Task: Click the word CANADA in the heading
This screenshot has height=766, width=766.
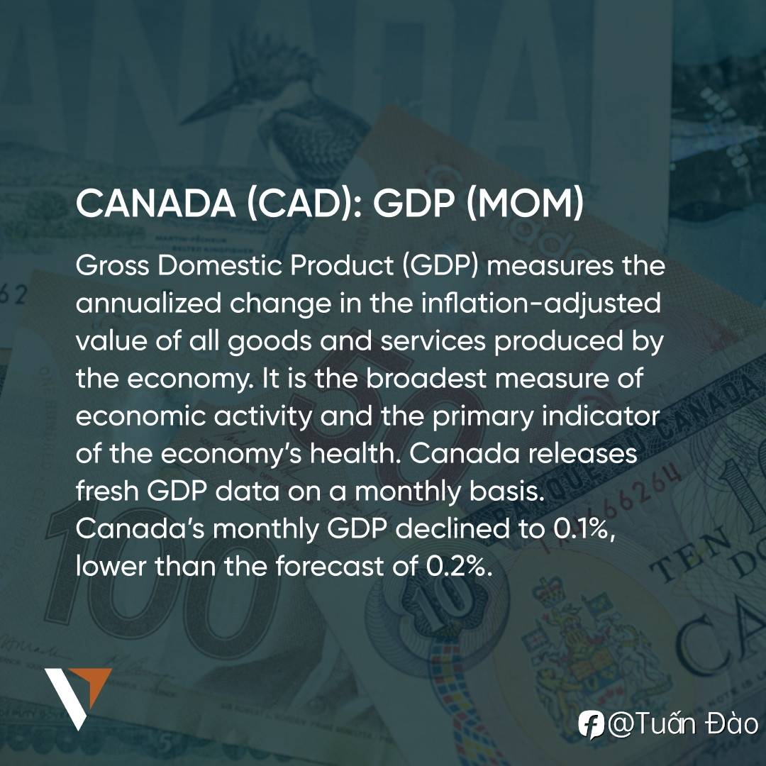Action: coord(155,204)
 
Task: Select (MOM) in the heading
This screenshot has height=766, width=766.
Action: coord(525,204)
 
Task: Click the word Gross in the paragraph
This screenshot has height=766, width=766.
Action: coord(112,266)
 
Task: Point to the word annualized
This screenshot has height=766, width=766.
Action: coord(148,304)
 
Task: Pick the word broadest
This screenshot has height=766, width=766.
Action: coord(426,378)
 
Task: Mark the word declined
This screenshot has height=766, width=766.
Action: coord(453,528)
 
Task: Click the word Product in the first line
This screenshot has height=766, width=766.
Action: coord(342,266)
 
